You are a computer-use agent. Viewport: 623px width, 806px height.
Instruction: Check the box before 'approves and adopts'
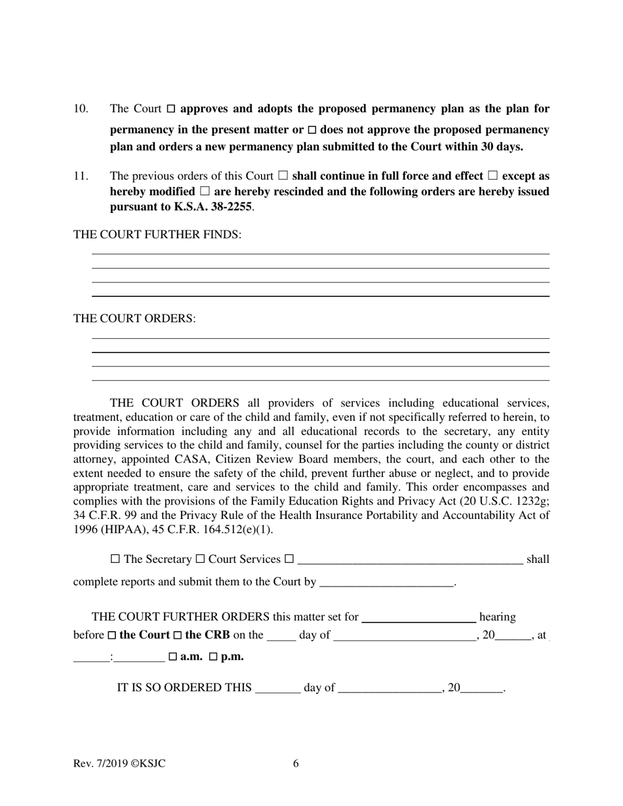coord(171,109)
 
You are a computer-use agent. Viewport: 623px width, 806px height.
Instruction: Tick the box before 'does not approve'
coord(312,130)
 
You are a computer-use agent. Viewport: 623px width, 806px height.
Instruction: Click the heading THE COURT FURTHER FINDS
coord(157,235)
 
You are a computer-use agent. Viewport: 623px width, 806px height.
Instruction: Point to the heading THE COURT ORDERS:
coord(134,318)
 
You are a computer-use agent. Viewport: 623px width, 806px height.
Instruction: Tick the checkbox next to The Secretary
coord(115,559)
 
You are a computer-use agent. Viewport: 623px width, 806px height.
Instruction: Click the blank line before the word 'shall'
coord(410,560)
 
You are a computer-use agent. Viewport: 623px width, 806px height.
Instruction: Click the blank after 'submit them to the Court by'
coord(386,583)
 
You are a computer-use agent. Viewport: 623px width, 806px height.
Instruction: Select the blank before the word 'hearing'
coord(418,618)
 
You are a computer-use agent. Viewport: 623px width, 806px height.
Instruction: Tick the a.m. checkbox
coord(172,657)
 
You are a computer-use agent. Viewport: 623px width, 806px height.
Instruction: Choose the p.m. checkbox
coord(213,657)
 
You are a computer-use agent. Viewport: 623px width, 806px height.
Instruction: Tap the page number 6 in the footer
coord(296,763)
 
